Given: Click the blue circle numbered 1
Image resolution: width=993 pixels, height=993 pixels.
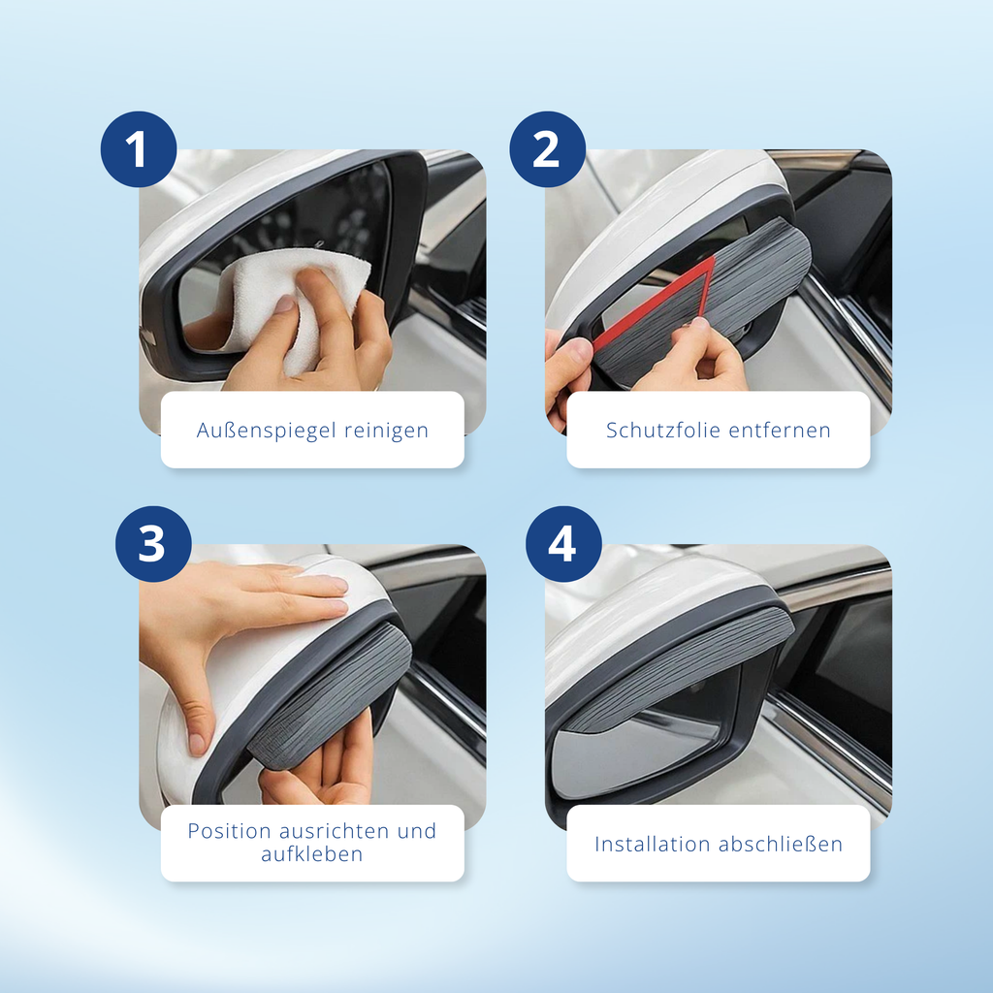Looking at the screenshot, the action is click(x=138, y=148).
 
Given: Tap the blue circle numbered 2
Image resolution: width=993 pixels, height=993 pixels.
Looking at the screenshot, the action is click(x=547, y=148).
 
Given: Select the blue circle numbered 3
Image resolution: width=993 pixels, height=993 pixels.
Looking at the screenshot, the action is click(x=153, y=543).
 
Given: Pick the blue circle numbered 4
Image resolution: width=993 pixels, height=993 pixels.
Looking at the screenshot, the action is click(x=563, y=543).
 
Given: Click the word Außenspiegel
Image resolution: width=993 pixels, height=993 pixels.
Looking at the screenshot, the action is click(x=267, y=431).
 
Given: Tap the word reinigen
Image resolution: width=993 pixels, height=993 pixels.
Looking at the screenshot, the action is click(x=386, y=431).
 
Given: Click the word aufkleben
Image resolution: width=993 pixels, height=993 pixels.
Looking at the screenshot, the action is click(x=312, y=854).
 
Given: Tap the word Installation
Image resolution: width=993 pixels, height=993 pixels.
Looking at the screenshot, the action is click(x=653, y=845).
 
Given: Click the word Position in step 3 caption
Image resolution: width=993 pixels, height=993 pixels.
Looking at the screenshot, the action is click(x=229, y=831).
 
